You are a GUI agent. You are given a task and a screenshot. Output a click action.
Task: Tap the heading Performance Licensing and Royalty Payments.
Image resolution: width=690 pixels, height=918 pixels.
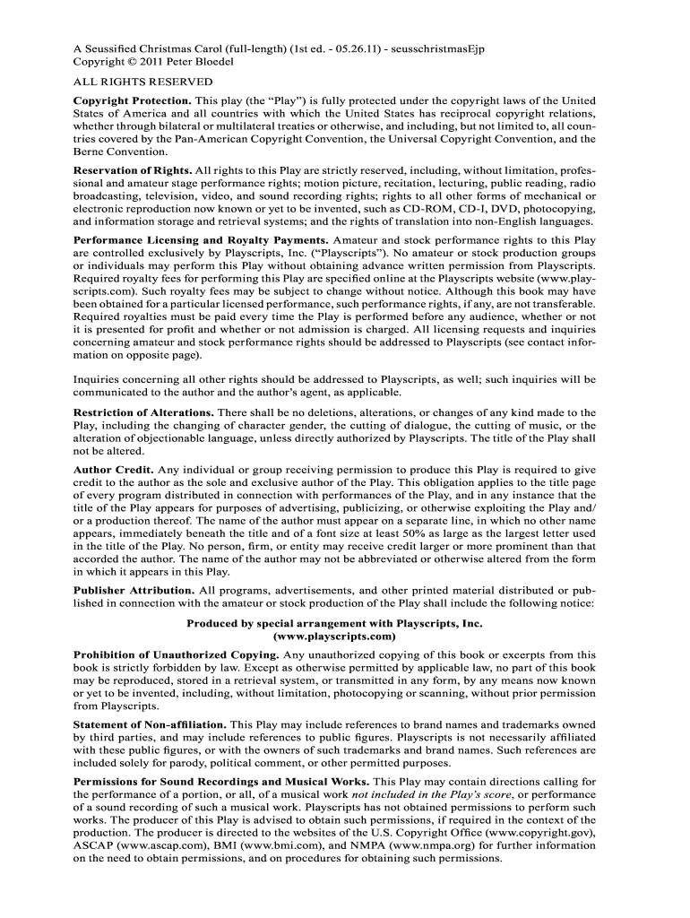coord(201,240)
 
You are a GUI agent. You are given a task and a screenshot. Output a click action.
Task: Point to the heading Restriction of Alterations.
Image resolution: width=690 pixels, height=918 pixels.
coord(143,412)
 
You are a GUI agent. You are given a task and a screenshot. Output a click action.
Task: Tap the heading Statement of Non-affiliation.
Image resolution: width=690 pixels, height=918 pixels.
coord(150,723)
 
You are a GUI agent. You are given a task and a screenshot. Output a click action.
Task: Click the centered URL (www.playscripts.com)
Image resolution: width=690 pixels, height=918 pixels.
coord(333,636)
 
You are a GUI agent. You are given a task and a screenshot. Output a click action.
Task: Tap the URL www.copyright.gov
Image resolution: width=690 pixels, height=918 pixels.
coord(541,832)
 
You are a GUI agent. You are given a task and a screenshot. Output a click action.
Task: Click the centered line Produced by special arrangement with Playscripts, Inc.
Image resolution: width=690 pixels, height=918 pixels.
coord(333,622)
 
